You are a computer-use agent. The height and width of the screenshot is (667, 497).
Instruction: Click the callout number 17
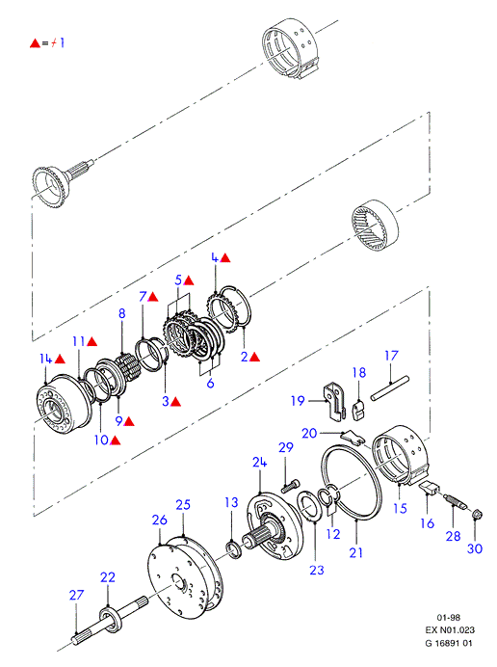coord(391,356)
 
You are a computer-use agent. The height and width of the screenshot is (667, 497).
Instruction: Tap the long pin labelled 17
coord(389,387)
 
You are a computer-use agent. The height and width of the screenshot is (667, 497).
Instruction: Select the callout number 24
coord(259,463)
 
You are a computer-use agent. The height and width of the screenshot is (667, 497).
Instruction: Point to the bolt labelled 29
coord(290,486)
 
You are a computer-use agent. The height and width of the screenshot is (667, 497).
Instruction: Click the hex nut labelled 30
coord(477,515)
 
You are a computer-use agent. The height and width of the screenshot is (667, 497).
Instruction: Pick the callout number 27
coord(76,595)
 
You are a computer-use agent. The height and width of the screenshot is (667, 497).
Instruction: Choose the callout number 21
coord(355,552)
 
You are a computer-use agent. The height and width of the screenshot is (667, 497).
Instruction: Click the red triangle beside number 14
coord(60,359)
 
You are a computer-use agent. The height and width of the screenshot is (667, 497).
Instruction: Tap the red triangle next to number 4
coord(225,257)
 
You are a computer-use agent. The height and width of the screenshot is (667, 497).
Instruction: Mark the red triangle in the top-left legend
coord(35,43)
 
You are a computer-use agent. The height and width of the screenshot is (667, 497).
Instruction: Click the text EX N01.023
coord(450,630)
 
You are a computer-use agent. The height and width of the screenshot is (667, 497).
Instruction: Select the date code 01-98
coord(449,617)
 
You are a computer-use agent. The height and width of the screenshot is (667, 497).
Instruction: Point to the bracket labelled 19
coord(334,401)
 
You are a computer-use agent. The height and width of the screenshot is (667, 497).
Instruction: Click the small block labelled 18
coord(358,411)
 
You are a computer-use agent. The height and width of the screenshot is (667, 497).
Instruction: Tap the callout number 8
coord(122,313)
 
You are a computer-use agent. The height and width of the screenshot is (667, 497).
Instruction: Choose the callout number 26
coord(160,520)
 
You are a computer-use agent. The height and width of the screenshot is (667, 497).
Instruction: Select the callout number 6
coord(210,383)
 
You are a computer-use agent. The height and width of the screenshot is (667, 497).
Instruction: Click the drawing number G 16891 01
coord(449,643)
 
